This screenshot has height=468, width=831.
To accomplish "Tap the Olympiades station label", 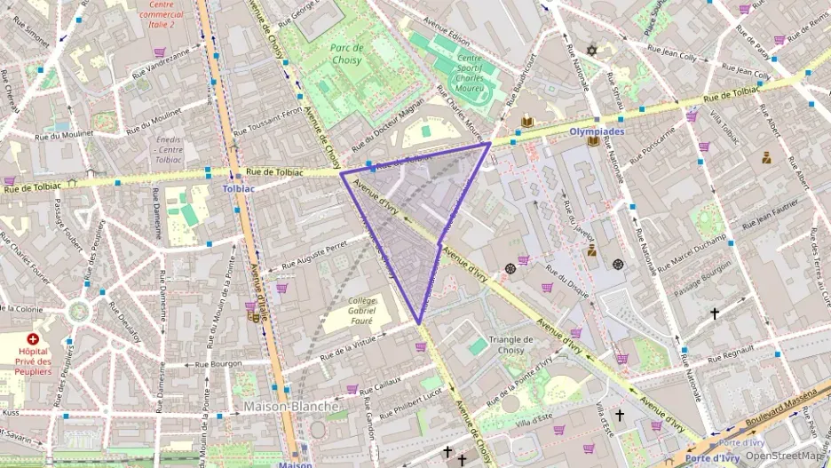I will pos(597,131).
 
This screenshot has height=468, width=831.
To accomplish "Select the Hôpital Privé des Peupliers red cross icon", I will pos(33,339).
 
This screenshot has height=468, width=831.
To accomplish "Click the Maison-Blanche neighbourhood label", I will pos(291,407).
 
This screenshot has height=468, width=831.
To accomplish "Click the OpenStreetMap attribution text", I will pos(784,456).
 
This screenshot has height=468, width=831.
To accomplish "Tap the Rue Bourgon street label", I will pos(218,363).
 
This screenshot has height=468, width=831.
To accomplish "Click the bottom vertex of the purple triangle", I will pos(419,322).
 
